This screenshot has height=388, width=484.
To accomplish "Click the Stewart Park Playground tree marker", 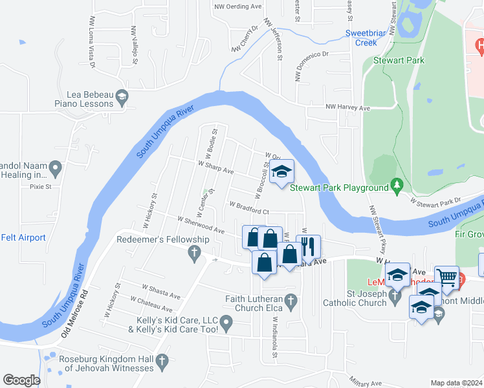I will (x=397, y=188).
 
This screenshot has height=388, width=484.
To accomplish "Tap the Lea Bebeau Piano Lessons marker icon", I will (x=121, y=98).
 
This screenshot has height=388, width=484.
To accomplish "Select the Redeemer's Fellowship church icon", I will (x=193, y=253).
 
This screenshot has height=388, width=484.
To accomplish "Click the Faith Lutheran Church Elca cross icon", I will (x=292, y=301).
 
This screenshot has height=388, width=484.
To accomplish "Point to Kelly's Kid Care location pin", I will (x=226, y=322).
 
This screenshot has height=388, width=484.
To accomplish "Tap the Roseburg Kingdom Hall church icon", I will (x=162, y=362).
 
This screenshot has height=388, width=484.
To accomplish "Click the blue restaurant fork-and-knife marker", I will (x=309, y=246).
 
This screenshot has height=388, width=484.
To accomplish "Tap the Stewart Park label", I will (x=390, y=60).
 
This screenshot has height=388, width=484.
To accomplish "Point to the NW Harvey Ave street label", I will (x=347, y=108).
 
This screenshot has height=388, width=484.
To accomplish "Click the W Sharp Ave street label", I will (x=216, y=167).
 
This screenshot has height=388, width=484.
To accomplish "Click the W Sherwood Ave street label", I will (x=201, y=225).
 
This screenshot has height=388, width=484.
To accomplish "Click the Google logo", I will (x=21, y=380).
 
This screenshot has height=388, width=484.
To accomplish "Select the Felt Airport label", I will (x=23, y=237).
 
